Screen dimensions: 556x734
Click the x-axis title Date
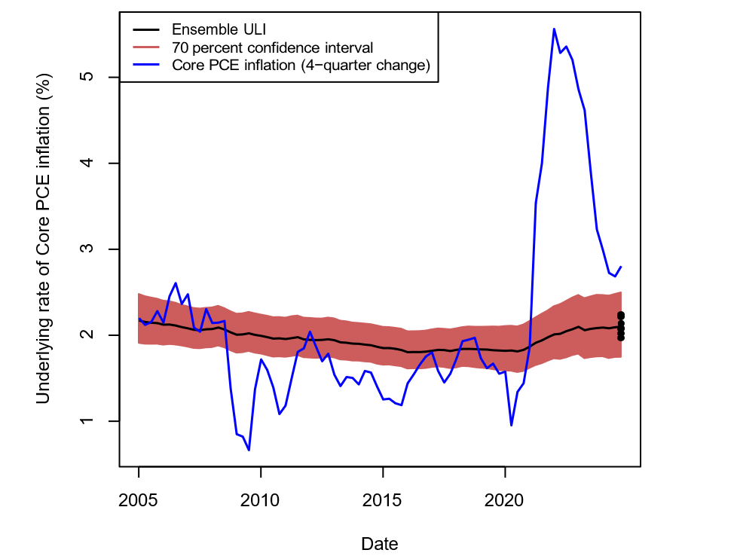pyautogui.click(x=380, y=543)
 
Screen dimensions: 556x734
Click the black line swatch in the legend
pyautogui.click(x=148, y=30)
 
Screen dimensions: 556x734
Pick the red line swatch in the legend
pyautogui.click(x=148, y=48)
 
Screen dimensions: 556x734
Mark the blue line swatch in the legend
pyautogui.click(x=148, y=66)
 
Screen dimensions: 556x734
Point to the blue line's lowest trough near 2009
pyautogui.click(x=249, y=451)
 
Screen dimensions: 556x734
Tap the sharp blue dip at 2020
pyautogui.click(x=511, y=426)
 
